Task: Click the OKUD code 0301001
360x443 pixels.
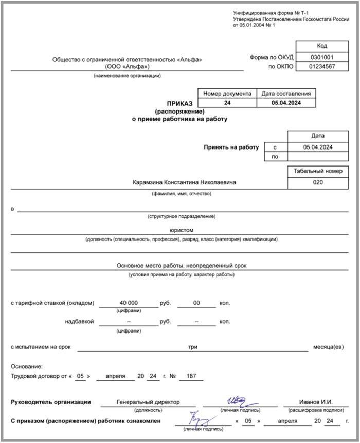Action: pos(322,58)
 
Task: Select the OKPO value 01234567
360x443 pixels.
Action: pos(322,67)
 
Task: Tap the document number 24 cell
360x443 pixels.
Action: pos(227,103)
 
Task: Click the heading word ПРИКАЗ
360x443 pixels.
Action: pos(179,103)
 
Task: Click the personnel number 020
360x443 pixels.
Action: pos(318,182)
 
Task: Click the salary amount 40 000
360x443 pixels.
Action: pos(129,303)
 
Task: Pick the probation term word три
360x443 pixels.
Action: pos(193,347)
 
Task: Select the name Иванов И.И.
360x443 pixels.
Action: pos(316,402)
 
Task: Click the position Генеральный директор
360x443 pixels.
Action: pos(148,402)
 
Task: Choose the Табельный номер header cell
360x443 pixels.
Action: pos(318,171)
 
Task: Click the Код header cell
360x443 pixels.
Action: pos(322,46)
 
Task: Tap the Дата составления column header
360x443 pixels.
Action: pos(286,94)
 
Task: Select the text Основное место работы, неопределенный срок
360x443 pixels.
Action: pos(182,266)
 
